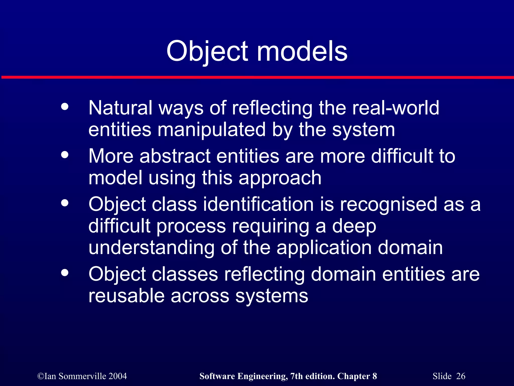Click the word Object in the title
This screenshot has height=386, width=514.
[x=207, y=52]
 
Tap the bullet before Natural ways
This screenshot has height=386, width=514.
[x=65, y=107]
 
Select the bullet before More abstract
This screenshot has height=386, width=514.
[x=65, y=155]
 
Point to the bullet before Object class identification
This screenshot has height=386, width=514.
[x=65, y=203]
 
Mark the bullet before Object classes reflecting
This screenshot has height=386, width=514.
[x=65, y=273]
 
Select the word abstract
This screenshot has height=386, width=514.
[x=175, y=156]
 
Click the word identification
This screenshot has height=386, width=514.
[x=258, y=204]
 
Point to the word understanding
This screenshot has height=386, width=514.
[x=151, y=248]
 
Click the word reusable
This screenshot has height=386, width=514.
[x=126, y=296]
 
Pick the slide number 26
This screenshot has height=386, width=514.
[x=461, y=376]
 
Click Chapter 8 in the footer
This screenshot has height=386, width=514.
[x=357, y=376]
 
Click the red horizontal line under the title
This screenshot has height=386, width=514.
[x=257, y=77]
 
